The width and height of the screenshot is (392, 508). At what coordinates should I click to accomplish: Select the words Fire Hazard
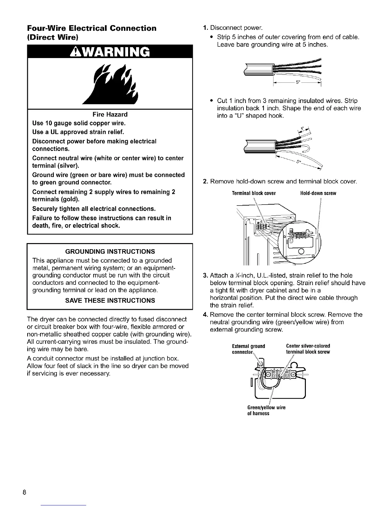[x=110, y=114]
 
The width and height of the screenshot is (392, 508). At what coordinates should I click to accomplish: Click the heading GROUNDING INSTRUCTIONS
[x=110, y=251]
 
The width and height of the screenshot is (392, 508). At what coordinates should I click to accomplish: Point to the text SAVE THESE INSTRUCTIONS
[x=110, y=301]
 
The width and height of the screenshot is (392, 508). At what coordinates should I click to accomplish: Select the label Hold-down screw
[x=318, y=193]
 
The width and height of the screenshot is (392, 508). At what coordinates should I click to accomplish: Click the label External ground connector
[x=249, y=349]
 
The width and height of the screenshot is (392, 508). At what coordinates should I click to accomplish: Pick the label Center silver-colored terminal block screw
[x=308, y=349]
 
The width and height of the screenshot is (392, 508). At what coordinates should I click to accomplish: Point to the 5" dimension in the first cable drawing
[x=298, y=82]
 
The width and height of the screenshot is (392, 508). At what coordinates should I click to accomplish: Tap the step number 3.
[x=206, y=275]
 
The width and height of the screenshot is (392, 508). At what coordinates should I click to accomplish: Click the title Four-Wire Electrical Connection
[x=92, y=28]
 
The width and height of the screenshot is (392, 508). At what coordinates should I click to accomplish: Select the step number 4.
[x=206, y=315]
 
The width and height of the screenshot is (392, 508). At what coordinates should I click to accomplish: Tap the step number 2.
[x=206, y=182]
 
